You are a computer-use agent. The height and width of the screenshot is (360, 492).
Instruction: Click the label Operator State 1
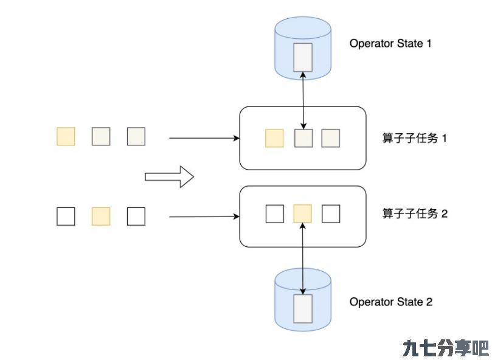click(390, 43)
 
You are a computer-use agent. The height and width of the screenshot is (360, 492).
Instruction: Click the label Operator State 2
click(391, 302)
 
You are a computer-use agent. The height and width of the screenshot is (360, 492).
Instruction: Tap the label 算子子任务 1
click(414, 138)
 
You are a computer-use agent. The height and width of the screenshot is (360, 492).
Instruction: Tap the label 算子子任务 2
click(415, 213)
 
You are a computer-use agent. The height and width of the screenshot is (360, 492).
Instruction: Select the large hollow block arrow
click(170, 177)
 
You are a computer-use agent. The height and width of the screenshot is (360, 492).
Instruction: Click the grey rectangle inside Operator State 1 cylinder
click(303, 57)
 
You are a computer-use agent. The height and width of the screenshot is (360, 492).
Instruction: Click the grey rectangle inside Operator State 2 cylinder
click(303, 309)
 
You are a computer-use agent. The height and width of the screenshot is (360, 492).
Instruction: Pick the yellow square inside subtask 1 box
click(274, 138)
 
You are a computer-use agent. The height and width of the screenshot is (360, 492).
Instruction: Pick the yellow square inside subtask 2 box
click(302, 213)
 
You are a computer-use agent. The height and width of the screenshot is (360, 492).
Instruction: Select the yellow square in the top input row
click(66, 137)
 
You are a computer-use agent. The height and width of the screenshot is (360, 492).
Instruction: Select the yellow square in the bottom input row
click(101, 216)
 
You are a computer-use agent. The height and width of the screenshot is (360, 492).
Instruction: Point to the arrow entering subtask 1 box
click(204, 138)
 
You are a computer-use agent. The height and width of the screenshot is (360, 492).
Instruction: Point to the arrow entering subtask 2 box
click(204, 216)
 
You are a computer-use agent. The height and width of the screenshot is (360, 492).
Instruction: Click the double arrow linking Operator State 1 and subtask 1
click(303, 100)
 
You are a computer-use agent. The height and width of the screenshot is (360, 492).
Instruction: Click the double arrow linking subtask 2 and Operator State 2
click(303, 258)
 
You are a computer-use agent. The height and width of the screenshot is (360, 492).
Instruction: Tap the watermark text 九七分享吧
click(446, 348)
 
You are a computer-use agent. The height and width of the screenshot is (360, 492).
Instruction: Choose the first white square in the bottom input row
click(66, 216)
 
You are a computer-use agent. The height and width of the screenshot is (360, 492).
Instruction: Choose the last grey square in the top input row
click(136, 137)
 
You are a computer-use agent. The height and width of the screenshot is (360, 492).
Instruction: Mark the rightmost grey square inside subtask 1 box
click(331, 138)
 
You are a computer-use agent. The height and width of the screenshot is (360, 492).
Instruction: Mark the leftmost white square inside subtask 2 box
click(275, 214)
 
